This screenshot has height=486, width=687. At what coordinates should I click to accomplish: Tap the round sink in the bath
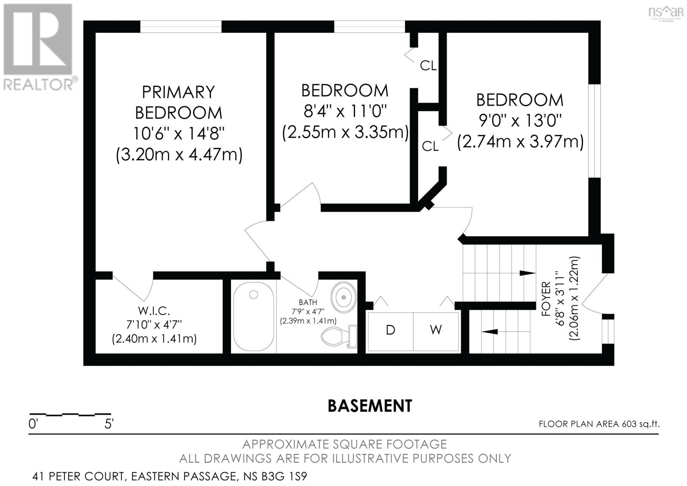point(343,296)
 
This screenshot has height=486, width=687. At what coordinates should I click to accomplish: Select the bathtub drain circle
point(254,295)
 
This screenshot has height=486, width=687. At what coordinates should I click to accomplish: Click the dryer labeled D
point(390,330)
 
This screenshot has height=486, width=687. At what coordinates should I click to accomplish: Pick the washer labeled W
point(436,330)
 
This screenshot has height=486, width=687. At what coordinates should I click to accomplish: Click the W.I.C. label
point(154,310)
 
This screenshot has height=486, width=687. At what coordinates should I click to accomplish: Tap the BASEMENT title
point(370,405)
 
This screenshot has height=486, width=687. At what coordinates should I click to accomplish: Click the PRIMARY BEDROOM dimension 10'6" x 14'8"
point(179,133)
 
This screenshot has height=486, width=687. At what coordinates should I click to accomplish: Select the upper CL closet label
point(428,66)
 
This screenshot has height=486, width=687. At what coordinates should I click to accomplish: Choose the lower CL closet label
point(430,146)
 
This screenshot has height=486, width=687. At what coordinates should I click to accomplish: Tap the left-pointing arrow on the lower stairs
point(489,331)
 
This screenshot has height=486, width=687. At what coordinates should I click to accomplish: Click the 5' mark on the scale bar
point(109,424)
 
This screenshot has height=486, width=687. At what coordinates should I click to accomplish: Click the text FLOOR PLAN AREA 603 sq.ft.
point(599,424)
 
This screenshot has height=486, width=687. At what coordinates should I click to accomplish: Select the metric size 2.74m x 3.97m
point(520,141)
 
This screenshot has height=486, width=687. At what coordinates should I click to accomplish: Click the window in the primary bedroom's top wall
point(181,27)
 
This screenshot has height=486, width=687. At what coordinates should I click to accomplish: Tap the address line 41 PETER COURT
point(170,477)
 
